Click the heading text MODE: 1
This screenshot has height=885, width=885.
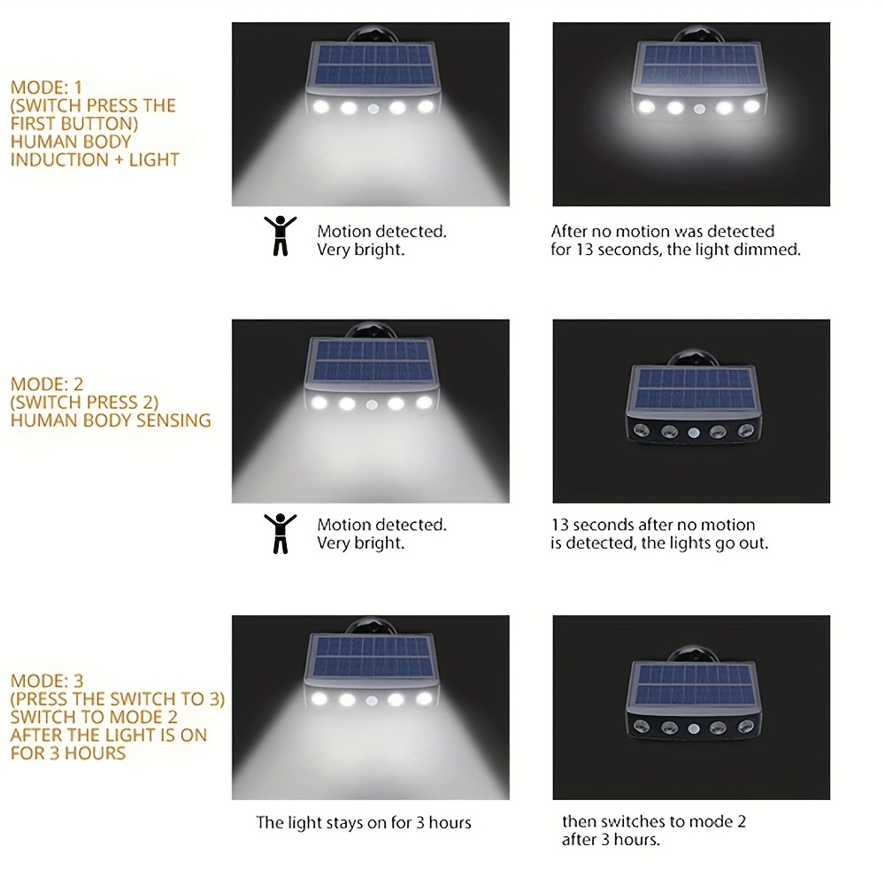[x=46, y=88]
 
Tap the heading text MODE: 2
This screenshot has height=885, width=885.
[x=47, y=384]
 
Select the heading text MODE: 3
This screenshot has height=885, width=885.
[x=47, y=681]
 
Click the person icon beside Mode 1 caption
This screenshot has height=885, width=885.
[x=281, y=236]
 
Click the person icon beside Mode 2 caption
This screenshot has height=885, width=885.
[x=281, y=534]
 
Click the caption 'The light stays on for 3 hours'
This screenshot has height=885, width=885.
[x=364, y=822]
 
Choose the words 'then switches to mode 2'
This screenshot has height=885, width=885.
[x=654, y=821]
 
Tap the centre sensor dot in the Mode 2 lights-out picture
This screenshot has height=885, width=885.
[x=694, y=433]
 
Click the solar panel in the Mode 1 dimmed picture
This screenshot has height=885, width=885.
[x=699, y=65]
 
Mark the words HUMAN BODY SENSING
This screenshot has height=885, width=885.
[x=111, y=419]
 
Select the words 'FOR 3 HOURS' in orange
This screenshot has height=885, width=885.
[x=68, y=753]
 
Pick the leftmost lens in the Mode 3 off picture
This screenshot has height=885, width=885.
[x=641, y=726]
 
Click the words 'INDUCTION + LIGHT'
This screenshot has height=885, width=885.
[x=95, y=159]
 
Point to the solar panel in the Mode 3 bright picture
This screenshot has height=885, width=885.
[x=372, y=657]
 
